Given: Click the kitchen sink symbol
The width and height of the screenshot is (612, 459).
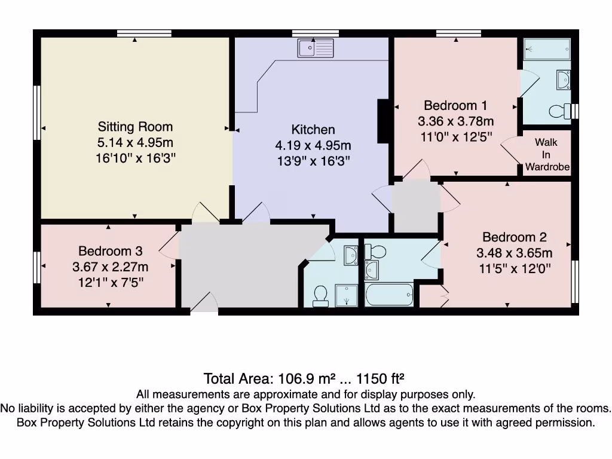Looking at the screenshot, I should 316,47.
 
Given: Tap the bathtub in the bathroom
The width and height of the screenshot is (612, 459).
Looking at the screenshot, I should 389,295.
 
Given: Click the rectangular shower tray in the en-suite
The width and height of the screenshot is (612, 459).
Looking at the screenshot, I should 547,49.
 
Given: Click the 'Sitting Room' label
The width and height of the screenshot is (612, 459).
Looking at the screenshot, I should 135,127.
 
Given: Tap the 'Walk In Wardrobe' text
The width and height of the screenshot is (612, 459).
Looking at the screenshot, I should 546,155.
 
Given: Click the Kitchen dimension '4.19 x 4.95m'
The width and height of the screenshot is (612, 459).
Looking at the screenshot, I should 313,145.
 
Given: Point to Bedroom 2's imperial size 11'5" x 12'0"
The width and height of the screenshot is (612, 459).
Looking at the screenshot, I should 514,268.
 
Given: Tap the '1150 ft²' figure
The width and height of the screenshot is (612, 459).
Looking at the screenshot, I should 381,378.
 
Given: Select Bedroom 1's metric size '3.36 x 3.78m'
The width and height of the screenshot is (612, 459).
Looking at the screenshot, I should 455,121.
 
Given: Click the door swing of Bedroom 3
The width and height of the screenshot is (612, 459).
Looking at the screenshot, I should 170,245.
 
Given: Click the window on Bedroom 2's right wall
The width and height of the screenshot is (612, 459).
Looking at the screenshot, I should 576,281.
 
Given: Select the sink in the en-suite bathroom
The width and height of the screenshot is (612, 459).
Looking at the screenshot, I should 564,79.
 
